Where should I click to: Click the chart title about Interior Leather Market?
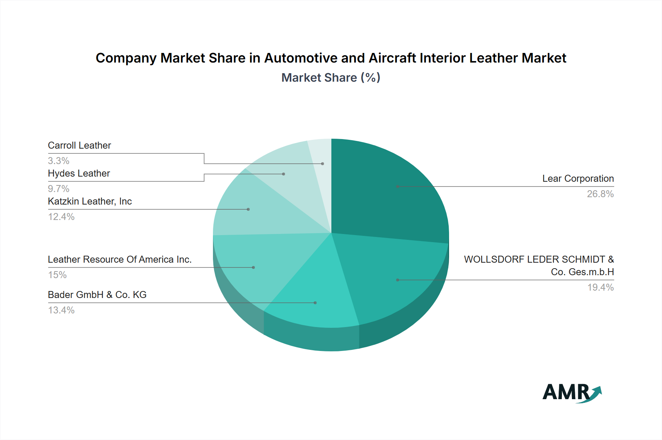click(331, 58)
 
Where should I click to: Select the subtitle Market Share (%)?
click(331, 78)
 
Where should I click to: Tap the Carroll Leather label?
click(79, 146)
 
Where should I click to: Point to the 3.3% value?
click(58, 161)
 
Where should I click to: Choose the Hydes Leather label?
click(79, 174)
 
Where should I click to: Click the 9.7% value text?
click(58, 189)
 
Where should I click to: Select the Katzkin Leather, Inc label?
click(90, 202)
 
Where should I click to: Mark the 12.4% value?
click(61, 217)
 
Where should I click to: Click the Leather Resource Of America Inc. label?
click(120, 260)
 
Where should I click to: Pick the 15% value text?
click(57, 275)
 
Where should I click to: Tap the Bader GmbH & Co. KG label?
click(97, 295)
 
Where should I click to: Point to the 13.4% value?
click(61, 310)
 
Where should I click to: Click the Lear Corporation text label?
click(578, 179)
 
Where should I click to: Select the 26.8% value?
click(600, 194)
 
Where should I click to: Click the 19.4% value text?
click(600, 287)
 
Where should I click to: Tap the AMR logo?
click(572, 393)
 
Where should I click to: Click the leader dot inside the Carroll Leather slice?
click(323, 164)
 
